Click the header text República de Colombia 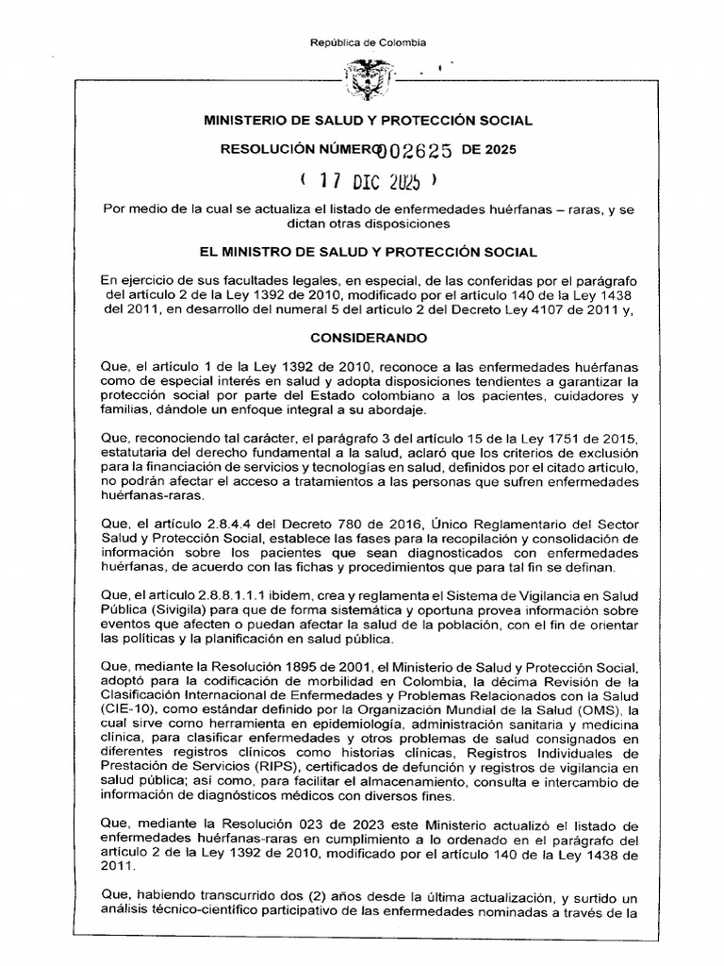point(369,42)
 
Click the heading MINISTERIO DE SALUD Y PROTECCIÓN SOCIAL point(369,121)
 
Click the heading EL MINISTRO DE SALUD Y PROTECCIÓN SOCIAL point(369,252)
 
